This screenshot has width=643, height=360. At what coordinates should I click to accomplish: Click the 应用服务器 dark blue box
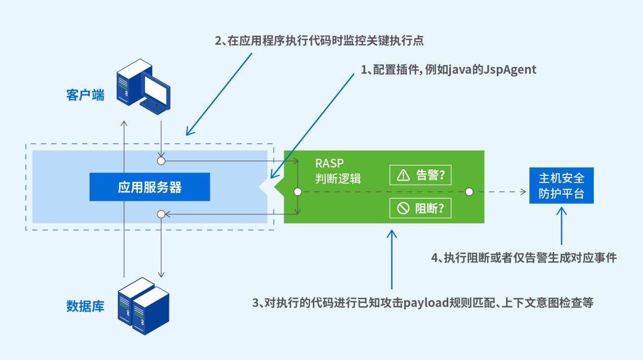tap(150, 187)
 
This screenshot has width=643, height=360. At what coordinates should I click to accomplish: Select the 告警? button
tap(420, 175)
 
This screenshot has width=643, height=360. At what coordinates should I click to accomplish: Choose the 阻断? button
tap(420, 208)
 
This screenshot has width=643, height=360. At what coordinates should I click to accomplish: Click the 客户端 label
tap(85, 95)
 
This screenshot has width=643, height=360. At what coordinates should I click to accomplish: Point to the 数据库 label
tap(85, 306)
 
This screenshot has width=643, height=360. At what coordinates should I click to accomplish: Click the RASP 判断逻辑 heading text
tap(337, 171)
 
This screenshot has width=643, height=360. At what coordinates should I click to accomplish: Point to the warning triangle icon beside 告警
tap(403, 175)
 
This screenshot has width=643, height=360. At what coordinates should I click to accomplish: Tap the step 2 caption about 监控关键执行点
tap(319, 42)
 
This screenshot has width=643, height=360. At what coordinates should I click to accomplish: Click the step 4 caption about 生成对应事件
tap(524, 258)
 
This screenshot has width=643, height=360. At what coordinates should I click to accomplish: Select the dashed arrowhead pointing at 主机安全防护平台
tap(524, 192)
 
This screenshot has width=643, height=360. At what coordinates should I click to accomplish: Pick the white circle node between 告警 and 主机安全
tap(469, 192)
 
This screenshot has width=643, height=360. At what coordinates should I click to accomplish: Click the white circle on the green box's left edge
tap(298, 192)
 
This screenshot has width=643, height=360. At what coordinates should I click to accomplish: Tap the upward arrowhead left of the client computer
tap(123, 123)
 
